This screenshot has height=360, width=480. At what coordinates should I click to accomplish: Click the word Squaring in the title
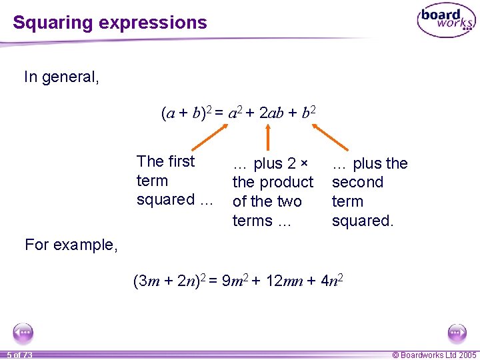coord(53,23)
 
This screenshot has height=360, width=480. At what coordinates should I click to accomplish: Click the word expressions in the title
coord(153,23)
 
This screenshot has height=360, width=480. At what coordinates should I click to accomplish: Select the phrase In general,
coord(61,77)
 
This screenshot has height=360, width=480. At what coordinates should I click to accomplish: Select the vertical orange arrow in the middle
coord(267,139)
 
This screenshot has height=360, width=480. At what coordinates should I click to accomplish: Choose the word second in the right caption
coord(357,182)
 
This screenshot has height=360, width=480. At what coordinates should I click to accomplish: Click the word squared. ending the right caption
coord(363,221)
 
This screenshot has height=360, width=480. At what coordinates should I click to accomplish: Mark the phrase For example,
coord(71,245)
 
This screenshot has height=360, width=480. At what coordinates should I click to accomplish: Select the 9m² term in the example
coord(233,281)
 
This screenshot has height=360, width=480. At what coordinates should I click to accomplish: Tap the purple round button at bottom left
coord(23,333)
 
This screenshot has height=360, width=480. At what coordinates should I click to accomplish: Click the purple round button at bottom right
coord(457,333)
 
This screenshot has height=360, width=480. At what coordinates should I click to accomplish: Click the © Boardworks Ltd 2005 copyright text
coord(434,355)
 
